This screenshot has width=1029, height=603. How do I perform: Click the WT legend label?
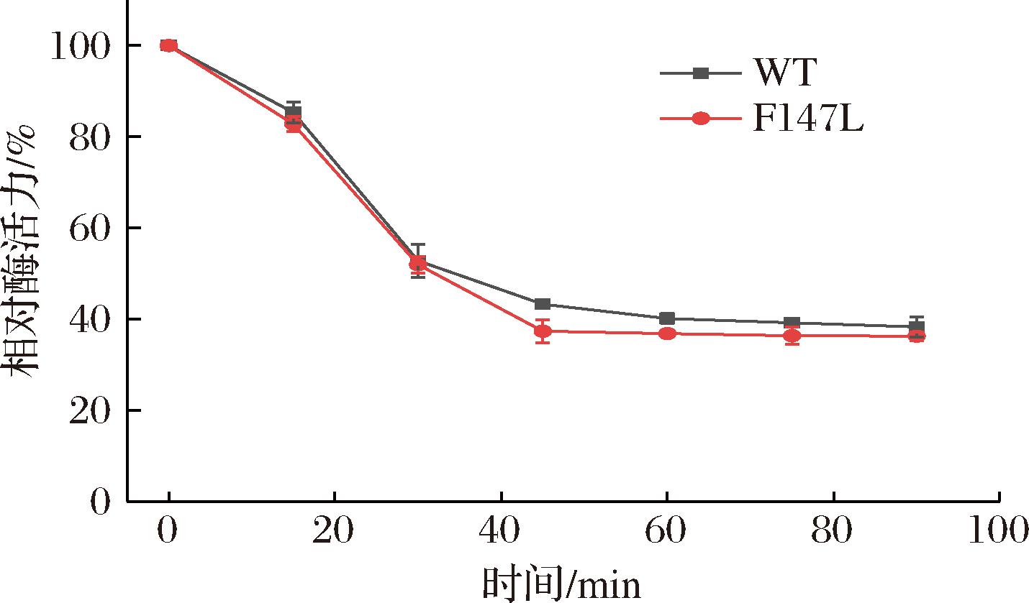pyautogui.click(x=785, y=73)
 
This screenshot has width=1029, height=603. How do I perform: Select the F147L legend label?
pyautogui.click(x=807, y=119)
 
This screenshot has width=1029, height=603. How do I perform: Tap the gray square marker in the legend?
pyautogui.click(x=700, y=73)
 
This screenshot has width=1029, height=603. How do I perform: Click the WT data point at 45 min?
pyautogui.click(x=543, y=304)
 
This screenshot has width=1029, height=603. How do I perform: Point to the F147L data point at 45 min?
pyautogui.click(x=543, y=331)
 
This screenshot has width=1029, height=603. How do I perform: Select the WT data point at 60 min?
pyautogui.click(x=667, y=318)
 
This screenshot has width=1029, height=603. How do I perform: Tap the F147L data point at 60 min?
pyautogui.click(x=667, y=333)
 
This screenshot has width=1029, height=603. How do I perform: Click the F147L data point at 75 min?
pyautogui.click(x=792, y=336)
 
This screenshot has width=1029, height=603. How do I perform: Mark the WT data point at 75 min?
pyautogui.click(x=792, y=323)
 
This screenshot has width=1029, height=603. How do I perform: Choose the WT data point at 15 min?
pyautogui.click(x=293, y=112)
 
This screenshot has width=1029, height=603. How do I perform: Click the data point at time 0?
pyautogui.click(x=168, y=46)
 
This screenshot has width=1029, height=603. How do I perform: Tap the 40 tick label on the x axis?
pyautogui.click(x=501, y=532)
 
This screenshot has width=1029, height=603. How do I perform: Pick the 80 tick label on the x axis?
pyautogui.click(x=833, y=532)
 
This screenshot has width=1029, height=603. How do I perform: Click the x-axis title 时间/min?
pyautogui.click(x=561, y=584)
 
